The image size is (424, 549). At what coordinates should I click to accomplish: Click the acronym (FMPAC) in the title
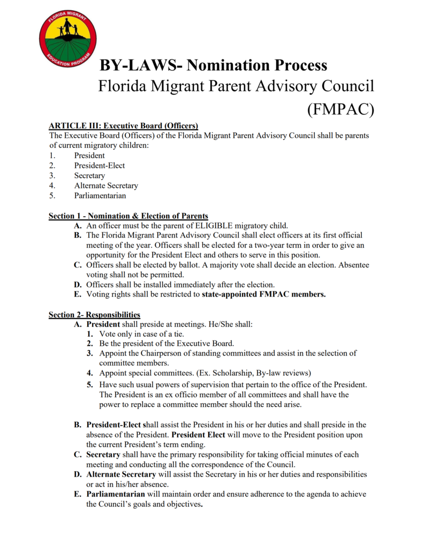(340, 109)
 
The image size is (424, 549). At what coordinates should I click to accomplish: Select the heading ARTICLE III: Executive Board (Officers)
(124, 126)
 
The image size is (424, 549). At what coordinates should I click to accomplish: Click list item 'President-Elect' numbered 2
(100, 166)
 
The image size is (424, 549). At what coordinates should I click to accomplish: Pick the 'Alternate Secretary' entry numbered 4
(106, 186)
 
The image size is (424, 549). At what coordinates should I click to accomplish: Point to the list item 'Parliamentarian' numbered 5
(100, 196)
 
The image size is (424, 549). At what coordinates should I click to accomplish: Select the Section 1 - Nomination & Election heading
(128, 216)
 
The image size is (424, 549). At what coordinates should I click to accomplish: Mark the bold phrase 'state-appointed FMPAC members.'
(264, 294)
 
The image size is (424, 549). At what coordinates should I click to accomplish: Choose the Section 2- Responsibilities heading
(94, 315)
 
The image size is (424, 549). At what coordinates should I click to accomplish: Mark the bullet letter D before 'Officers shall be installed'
(78, 285)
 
